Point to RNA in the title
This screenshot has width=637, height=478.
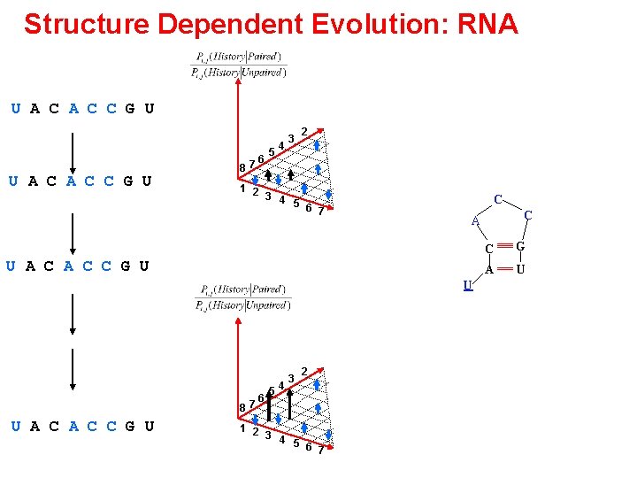(x=488, y=24)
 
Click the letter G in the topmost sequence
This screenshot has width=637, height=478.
(x=130, y=110)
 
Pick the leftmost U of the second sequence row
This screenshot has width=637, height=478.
(x=14, y=181)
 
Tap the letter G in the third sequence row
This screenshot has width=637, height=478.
(x=125, y=266)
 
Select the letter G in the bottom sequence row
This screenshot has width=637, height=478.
(x=130, y=426)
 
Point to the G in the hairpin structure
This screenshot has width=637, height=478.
(x=521, y=246)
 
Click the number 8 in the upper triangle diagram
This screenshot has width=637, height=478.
(x=242, y=168)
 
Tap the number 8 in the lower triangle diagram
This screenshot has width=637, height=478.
(x=242, y=406)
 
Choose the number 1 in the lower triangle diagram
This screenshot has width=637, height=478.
(x=242, y=428)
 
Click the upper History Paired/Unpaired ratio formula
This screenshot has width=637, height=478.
(x=239, y=65)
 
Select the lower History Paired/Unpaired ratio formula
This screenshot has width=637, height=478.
(x=239, y=297)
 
